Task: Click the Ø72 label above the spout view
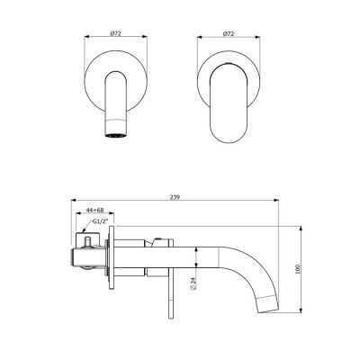116,32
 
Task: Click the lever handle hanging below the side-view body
168,297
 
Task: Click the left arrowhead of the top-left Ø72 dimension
86,38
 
